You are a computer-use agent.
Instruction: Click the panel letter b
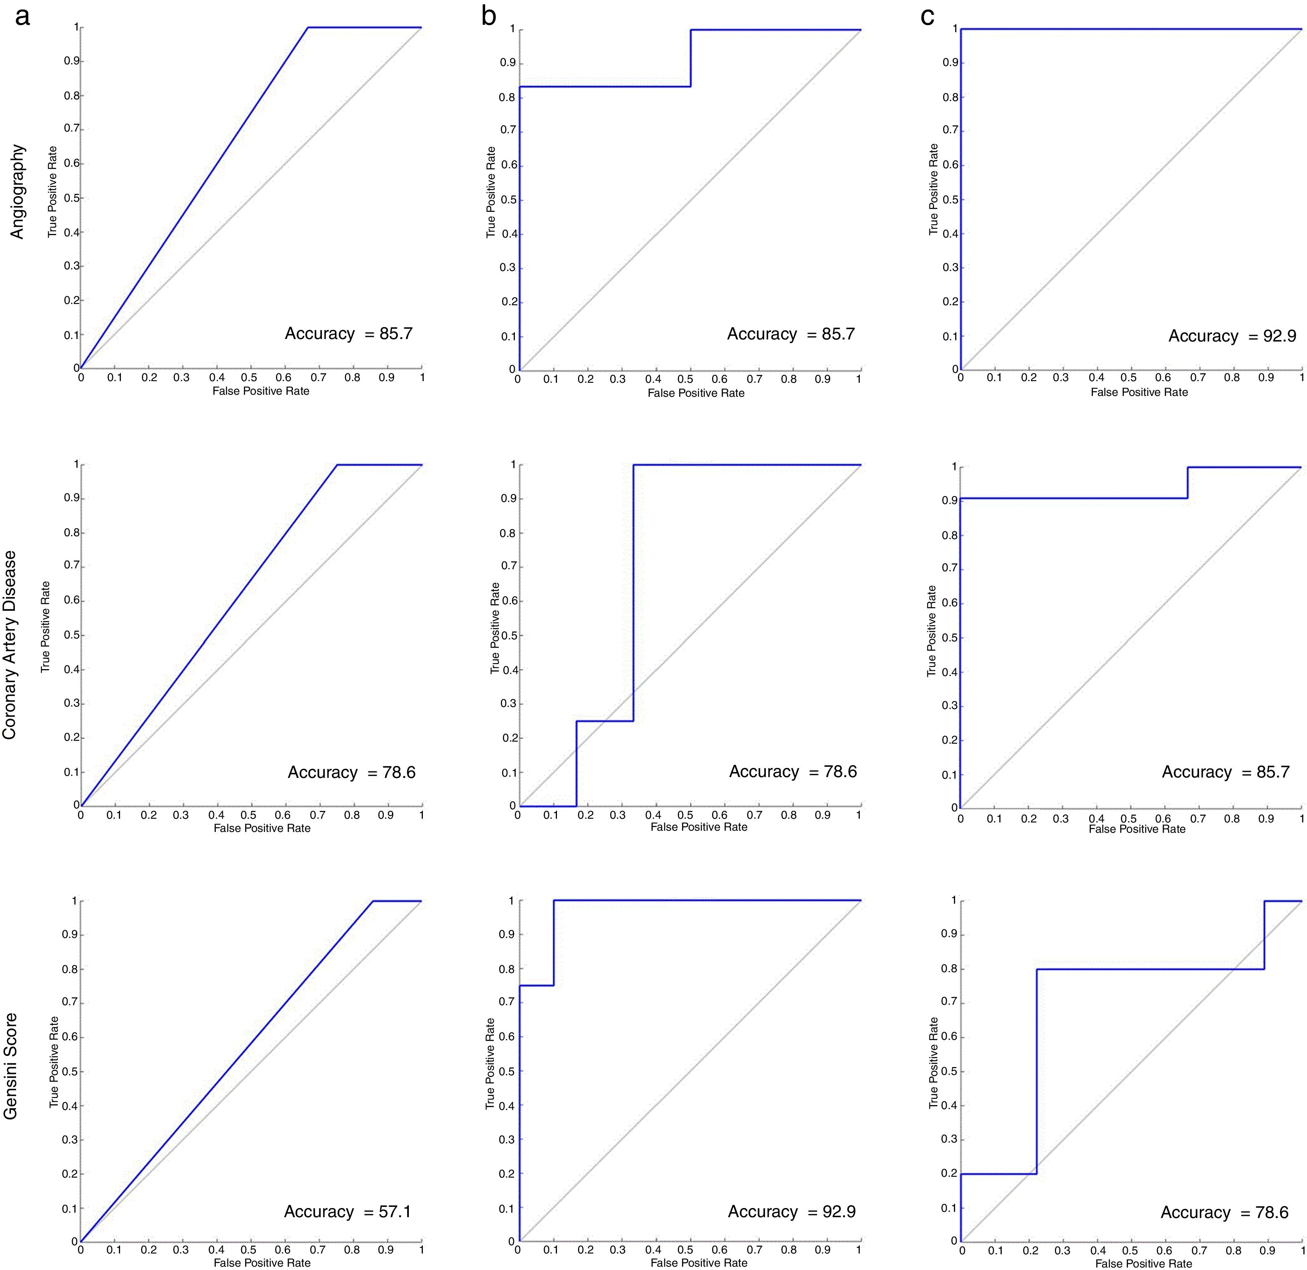point(488,16)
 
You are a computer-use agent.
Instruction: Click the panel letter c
point(927,16)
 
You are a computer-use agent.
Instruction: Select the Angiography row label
point(17,191)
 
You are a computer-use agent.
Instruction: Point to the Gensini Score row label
point(11,1066)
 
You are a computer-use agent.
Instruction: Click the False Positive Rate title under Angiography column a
point(261,391)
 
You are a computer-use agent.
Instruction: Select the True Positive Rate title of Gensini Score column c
point(933,1063)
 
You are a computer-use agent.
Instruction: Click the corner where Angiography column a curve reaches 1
point(308,27)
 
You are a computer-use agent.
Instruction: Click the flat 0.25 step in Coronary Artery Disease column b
point(604,721)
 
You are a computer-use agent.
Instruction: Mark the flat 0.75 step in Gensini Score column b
point(536,985)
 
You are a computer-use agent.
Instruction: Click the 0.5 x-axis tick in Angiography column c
point(1129,377)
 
